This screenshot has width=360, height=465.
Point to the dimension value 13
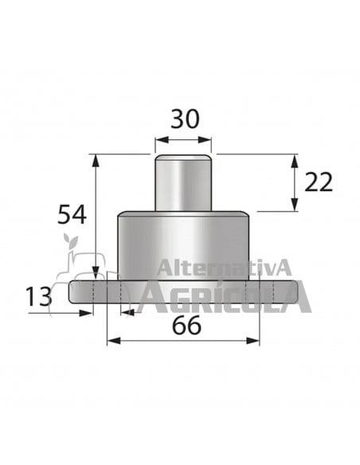click(x=37, y=297)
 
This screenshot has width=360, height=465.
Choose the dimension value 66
click(x=184, y=325)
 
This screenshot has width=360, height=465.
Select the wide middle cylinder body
click(x=182, y=243)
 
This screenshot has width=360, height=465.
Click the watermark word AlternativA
click(x=225, y=267)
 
